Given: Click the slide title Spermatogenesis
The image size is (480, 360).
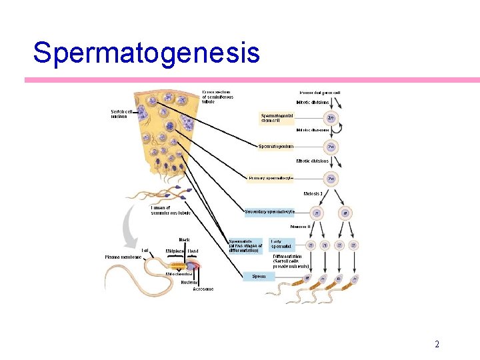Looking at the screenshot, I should [x=146, y=53].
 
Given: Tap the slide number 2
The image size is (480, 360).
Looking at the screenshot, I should [x=437, y=344].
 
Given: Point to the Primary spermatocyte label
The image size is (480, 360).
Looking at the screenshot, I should [x=271, y=178].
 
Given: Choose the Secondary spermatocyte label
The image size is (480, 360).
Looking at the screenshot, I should [x=269, y=212].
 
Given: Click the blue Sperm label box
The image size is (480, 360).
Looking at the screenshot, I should [x=259, y=276].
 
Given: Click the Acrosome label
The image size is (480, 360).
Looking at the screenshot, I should [x=203, y=289].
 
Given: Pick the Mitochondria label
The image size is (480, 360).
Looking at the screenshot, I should [x=179, y=274].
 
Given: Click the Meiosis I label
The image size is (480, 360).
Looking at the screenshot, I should [x=313, y=193].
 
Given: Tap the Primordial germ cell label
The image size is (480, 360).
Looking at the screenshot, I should [x=315, y=93].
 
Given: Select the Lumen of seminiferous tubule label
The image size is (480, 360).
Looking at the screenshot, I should [x=170, y=210].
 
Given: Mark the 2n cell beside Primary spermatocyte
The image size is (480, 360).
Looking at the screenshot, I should [x=331, y=179].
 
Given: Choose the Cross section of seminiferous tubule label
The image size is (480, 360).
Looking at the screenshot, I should [x=217, y=97].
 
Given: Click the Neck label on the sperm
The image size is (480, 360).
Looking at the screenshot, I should [x=185, y=240].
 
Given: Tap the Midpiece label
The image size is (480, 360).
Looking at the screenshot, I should [x=175, y=251].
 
